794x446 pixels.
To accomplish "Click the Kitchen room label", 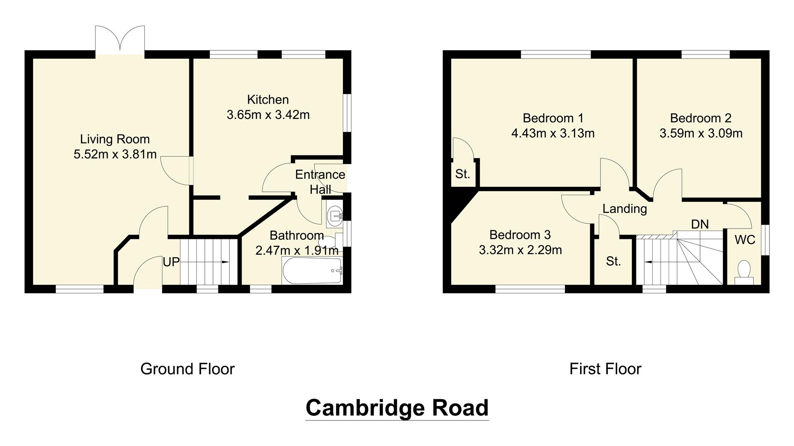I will click(268, 100).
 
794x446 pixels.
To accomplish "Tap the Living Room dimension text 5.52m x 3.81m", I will click(115, 155).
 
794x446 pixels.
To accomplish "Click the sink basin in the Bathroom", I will click(334, 215).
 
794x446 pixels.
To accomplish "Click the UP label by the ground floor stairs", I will click(171, 262).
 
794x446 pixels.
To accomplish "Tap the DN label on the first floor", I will click(700, 224).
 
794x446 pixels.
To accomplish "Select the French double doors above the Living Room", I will click(120, 41).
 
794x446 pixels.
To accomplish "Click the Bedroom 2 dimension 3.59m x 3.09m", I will click(701, 134).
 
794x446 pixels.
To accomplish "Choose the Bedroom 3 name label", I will click(520, 235).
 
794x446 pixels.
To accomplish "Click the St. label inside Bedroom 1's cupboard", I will click(462, 174).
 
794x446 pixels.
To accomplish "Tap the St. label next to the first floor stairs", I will click(613, 261).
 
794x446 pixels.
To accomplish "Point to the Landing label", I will click(624, 209).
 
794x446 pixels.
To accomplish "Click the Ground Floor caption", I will click(187, 369).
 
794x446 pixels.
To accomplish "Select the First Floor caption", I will click(605, 369).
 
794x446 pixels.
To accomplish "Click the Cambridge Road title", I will click(397, 408).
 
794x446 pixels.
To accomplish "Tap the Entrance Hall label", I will click(320, 181).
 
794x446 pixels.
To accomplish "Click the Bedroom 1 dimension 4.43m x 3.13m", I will click(553, 134).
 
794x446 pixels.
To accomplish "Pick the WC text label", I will click(745, 240).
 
